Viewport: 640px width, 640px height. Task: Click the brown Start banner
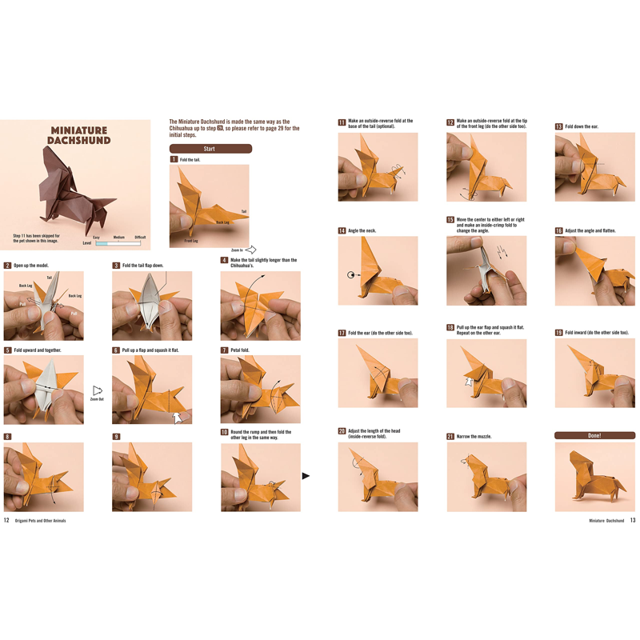pos(210,149)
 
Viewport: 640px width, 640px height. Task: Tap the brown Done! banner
pos(594,435)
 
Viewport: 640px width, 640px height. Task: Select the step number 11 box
pos(342,123)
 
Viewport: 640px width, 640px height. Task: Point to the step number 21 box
pos(450,437)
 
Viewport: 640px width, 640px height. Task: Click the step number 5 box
pos(7,350)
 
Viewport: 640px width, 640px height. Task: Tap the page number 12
pos(6,520)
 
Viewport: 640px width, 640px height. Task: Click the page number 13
pos(632,520)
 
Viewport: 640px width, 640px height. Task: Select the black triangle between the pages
pos(306,476)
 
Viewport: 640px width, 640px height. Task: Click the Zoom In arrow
pos(250,250)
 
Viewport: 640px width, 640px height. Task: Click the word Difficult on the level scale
pos(140,238)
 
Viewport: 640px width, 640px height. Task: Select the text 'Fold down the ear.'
pos(582,126)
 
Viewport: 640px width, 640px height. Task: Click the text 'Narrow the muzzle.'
pos(474,437)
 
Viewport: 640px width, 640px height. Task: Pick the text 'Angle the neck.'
pos(362,231)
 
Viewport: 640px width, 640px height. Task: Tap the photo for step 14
pos(378,270)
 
